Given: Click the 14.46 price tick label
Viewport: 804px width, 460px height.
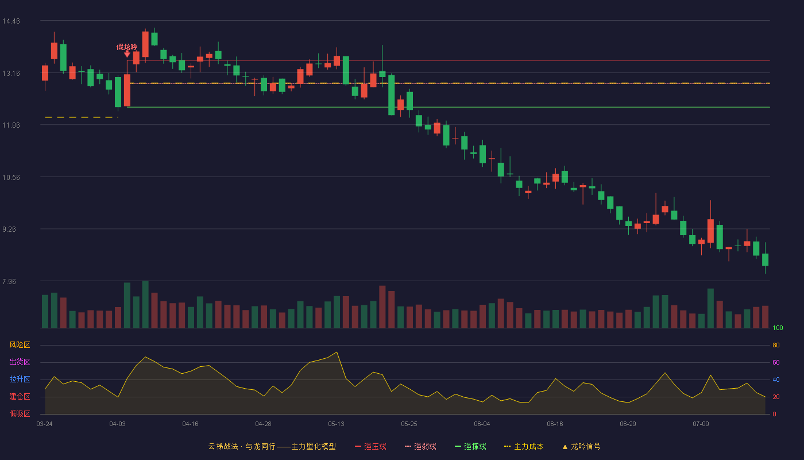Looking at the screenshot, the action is click(11, 21).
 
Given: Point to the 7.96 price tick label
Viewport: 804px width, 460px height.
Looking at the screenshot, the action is click(9, 282).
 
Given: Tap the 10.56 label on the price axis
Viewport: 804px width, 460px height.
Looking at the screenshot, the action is click(11, 178).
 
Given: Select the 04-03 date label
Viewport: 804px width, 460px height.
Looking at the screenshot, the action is click(117, 424).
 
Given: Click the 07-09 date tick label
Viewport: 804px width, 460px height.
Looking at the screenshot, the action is click(701, 424).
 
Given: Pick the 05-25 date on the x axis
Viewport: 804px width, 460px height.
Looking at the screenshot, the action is click(409, 424).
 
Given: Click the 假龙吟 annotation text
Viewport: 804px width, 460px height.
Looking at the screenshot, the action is click(127, 47).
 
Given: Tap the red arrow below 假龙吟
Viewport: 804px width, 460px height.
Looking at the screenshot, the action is click(127, 54).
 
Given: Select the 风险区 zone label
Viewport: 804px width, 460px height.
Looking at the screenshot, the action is click(20, 345).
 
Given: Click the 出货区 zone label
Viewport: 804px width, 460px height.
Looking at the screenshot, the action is click(20, 362).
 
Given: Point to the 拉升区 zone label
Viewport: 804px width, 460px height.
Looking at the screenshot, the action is click(20, 379).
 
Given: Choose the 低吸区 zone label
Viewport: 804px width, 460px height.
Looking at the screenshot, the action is click(20, 413).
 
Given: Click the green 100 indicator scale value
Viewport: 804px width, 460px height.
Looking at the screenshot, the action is click(778, 328).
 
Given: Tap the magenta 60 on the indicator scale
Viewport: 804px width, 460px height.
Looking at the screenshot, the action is click(776, 362).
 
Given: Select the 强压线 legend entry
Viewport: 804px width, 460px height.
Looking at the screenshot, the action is click(370, 446).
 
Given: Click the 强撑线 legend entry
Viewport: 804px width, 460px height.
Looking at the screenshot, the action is click(470, 446).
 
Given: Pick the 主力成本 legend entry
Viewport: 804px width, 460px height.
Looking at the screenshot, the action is click(524, 446).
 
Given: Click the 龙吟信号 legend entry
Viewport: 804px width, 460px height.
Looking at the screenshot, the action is click(581, 446).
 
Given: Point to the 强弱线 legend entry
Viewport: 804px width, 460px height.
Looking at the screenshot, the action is click(420, 446).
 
